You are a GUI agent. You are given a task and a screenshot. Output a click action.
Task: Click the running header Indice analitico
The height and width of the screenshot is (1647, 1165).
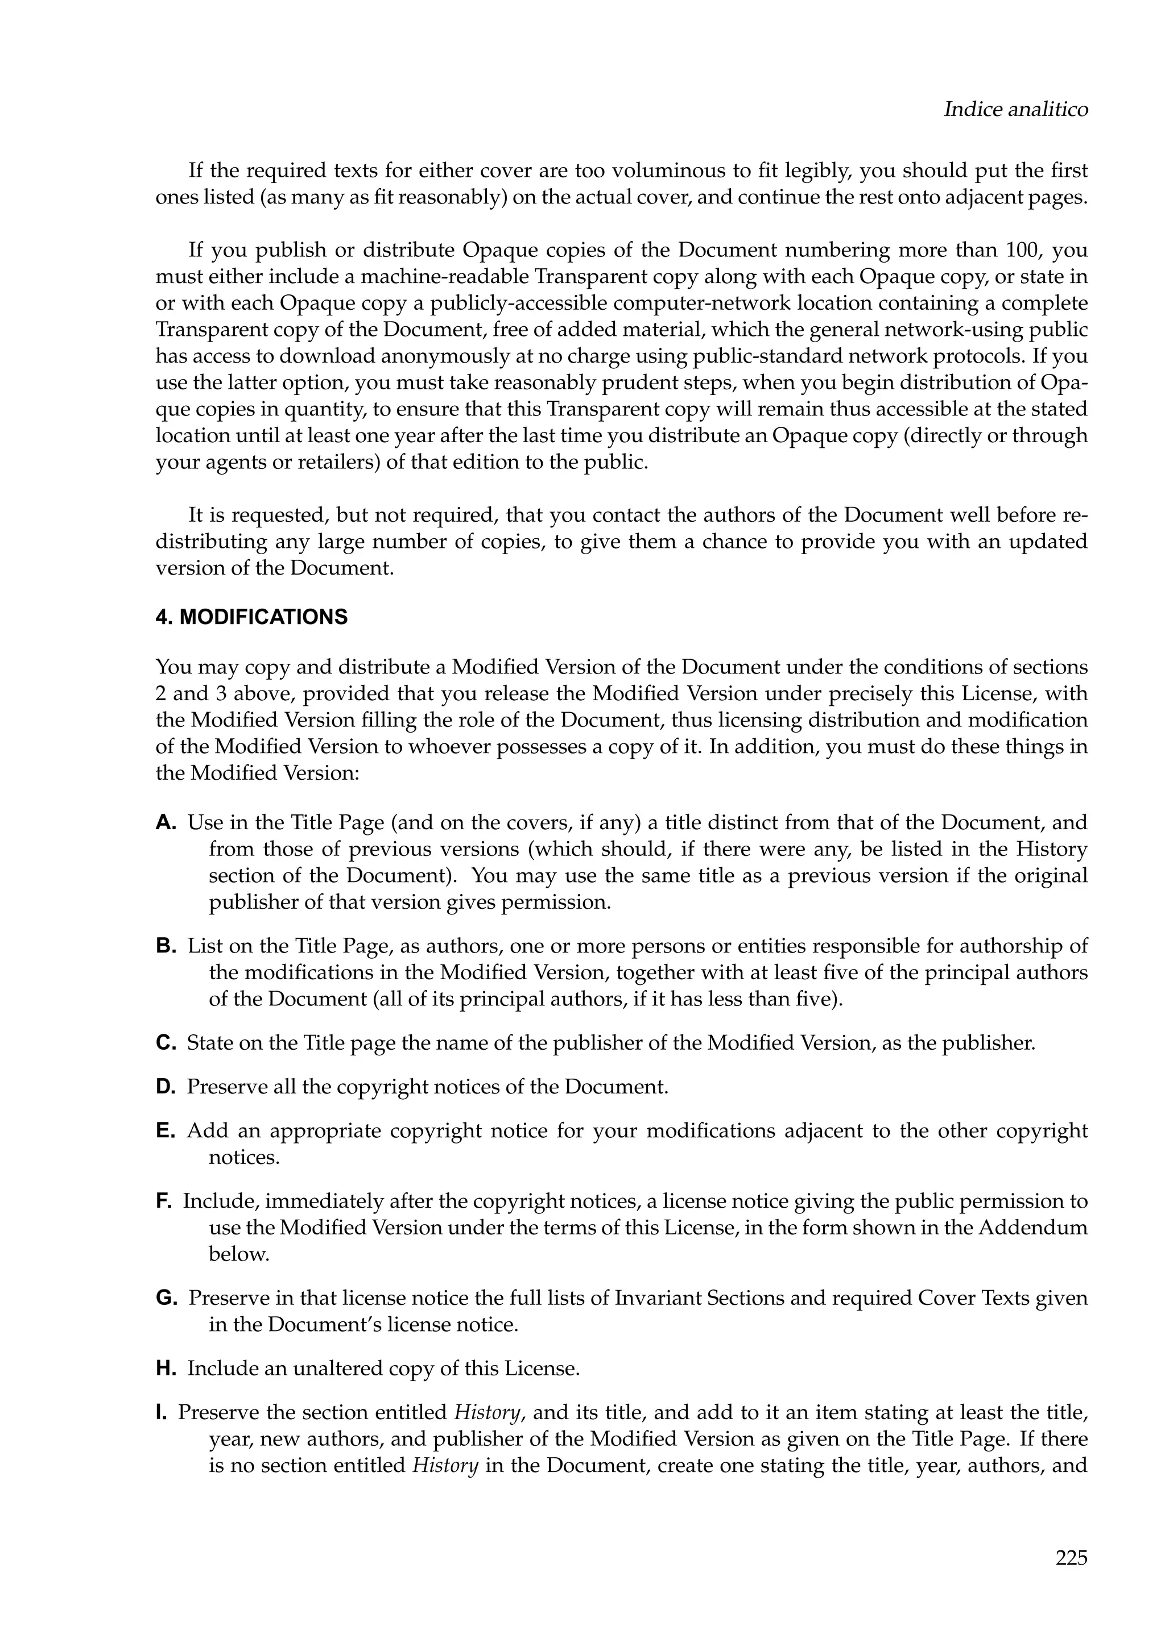(1015, 110)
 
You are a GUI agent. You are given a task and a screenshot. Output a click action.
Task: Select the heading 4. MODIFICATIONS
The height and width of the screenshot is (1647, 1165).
(251, 618)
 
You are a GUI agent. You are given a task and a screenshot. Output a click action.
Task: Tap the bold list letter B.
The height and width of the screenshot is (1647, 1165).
(165, 946)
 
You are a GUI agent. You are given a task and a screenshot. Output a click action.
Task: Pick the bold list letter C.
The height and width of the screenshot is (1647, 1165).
(165, 1043)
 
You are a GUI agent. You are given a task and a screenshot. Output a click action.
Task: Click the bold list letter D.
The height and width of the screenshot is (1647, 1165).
(165, 1087)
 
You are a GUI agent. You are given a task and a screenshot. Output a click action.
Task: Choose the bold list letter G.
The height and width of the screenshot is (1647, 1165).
(166, 1299)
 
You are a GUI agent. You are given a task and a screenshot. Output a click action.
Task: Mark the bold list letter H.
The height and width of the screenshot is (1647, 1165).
(165, 1369)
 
